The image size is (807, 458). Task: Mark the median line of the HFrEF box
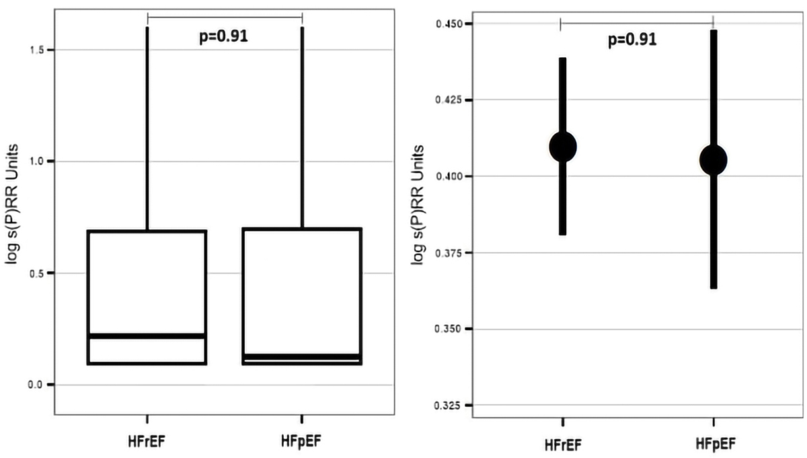pyautogui.click(x=147, y=335)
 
